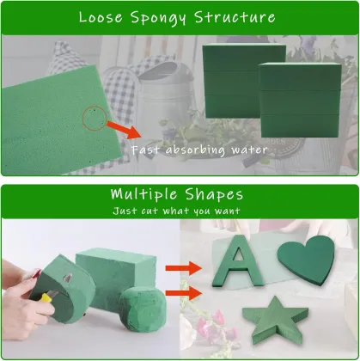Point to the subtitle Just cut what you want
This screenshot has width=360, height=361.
[180, 211]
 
